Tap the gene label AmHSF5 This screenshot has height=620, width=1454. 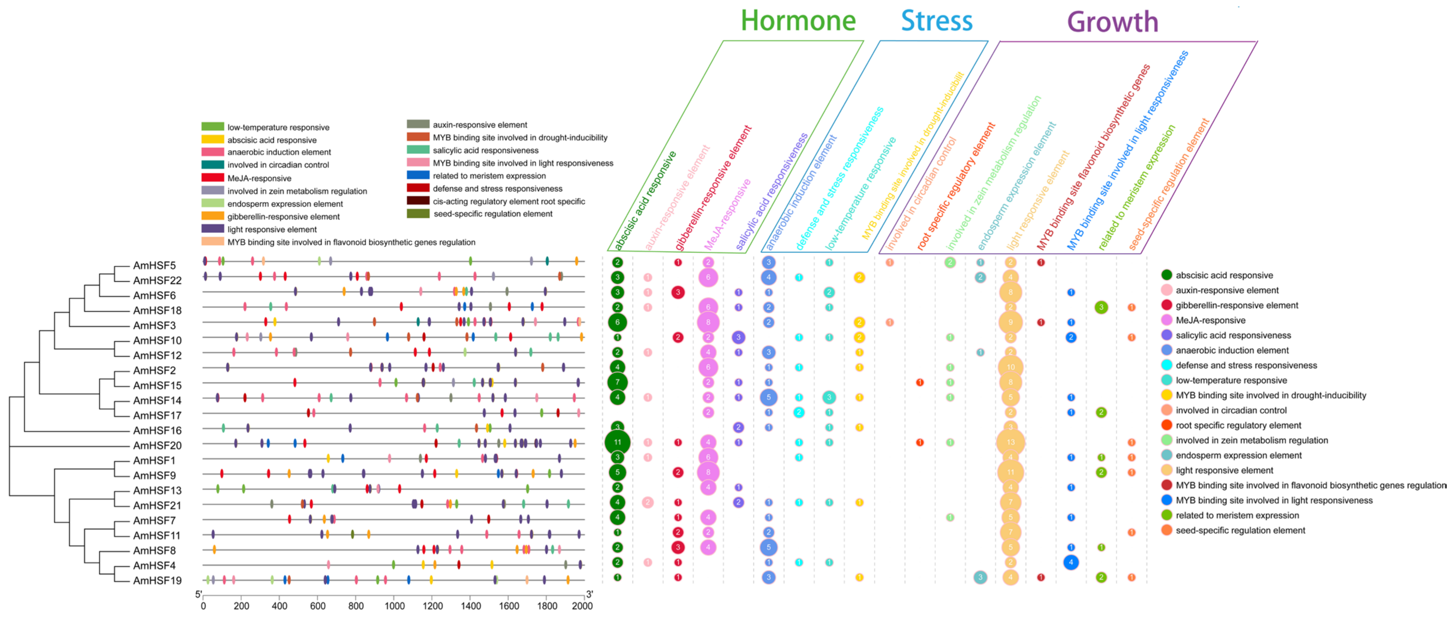pyautogui.click(x=154, y=265)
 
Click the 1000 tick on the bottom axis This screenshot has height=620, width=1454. pyautogui.click(x=394, y=606)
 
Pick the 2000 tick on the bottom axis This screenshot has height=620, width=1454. pyautogui.click(x=582, y=606)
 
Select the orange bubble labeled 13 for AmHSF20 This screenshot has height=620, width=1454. pyautogui.click(x=1010, y=442)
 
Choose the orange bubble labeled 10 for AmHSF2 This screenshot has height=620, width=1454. pyautogui.click(x=1010, y=367)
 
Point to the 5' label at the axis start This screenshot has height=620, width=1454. pyautogui.click(x=198, y=595)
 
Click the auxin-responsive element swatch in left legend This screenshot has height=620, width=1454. pyautogui.click(x=418, y=125)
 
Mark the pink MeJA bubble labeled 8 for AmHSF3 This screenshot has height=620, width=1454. pyautogui.click(x=708, y=323)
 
